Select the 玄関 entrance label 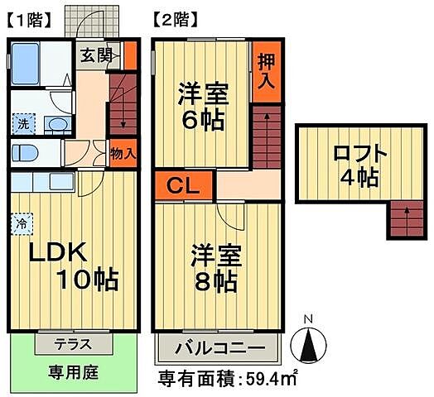point(96,56)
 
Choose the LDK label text point(49,252)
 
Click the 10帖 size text point(87,280)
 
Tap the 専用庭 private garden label point(73,372)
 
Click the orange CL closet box point(184,185)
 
